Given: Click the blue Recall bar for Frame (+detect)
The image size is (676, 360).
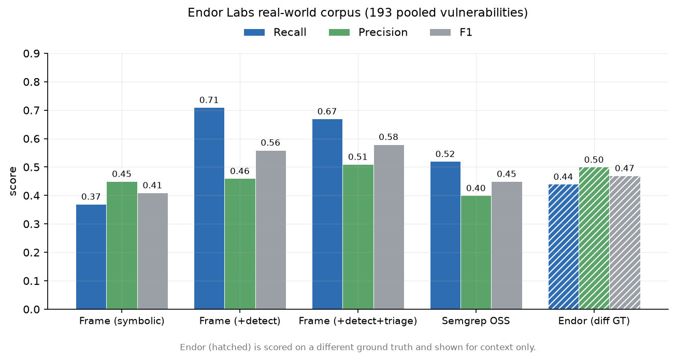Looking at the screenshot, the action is pyautogui.click(x=209, y=208).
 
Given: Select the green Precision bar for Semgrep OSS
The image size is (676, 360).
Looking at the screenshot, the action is pyautogui.click(x=476, y=252).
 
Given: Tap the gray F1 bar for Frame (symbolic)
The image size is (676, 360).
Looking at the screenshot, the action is pyautogui.click(x=153, y=251).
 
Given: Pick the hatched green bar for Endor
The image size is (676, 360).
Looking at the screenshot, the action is pyautogui.click(x=594, y=238).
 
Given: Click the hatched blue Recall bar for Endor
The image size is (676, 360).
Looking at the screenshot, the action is pyautogui.click(x=564, y=247).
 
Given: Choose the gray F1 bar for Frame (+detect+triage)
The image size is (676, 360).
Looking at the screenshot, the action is pyautogui.click(x=389, y=227).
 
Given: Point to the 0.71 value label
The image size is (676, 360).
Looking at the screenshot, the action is pyautogui.click(x=209, y=100).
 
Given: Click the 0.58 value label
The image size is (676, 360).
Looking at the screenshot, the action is pyautogui.click(x=389, y=137).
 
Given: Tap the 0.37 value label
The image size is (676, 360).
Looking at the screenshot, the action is pyautogui.click(x=91, y=197).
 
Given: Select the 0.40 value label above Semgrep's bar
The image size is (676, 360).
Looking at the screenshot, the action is pyautogui.click(x=476, y=189).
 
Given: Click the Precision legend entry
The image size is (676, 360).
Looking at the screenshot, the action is pyautogui.click(x=368, y=32).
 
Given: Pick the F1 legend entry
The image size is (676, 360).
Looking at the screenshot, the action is pyautogui.click(x=451, y=32).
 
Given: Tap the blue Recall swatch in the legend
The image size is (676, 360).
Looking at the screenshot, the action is pyautogui.click(x=254, y=32).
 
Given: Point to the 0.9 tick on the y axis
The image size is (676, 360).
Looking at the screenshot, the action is pyautogui.click(x=32, y=54).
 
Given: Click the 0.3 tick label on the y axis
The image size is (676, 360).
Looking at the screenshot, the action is pyautogui.click(x=32, y=224).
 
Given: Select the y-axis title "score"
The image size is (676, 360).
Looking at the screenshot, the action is pyautogui.click(x=12, y=181).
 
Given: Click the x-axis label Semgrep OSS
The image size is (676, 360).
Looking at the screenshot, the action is pyautogui.click(x=476, y=321).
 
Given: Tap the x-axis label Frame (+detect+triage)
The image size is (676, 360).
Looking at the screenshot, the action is pyautogui.click(x=358, y=321).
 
